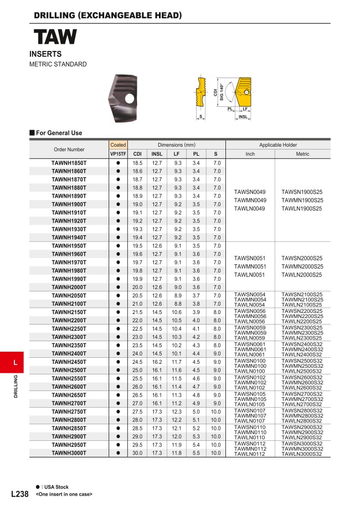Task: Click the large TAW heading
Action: click(55, 38)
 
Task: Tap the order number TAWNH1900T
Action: click(69, 204)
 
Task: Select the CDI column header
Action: click(137, 154)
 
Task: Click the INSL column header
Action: click(157, 154)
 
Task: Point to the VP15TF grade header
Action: click(118, 154)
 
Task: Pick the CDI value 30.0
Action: click(137, 453)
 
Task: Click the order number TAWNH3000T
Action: click(69, 453)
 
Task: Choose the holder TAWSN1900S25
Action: click(302, 192)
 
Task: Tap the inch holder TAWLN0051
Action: click(250, 275)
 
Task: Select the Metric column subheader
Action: click(302, 154)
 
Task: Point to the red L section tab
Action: click(16, 363)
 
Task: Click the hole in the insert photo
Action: click(130, 99)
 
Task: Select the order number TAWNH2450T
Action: click(69, 362)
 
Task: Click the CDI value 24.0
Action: click(137, 353)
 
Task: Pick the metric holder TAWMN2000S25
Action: click(302, 266)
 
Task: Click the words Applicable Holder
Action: click(278, 145)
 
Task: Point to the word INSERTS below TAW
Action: click(45, 54)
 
